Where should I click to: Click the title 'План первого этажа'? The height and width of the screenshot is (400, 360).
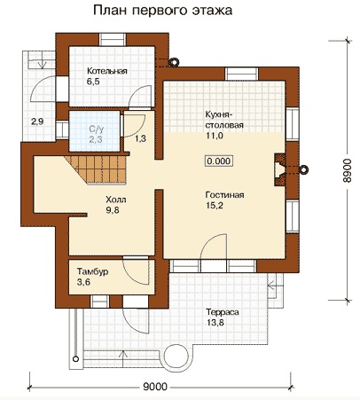coord(163,11)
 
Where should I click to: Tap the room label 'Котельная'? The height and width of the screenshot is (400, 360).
coord(107,71)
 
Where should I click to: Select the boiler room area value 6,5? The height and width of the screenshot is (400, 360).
coord(93,82)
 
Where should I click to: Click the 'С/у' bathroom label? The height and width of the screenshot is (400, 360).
coord(97,129)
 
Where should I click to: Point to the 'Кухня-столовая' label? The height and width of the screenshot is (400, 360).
coord(224,120)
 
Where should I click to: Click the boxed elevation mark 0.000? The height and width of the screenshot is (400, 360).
coord(219,161)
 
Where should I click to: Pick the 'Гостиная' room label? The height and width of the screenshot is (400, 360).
coord(224,195)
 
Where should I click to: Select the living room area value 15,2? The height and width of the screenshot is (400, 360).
coord(215,206)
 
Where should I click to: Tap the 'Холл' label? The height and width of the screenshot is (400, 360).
coord(116,200)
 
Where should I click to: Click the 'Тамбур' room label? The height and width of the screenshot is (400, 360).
coord(92,271)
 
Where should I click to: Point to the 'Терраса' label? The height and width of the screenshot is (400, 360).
coord(223,312)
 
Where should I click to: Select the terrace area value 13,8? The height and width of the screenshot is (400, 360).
coord(215,322)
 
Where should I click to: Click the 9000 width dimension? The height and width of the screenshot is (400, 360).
coord(155,387)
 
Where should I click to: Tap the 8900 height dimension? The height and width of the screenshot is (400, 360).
coord(348,170)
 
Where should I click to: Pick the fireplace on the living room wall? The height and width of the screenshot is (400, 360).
coord(280,169)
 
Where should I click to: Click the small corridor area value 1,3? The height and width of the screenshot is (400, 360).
coord(140,138)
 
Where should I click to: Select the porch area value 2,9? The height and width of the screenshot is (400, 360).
coord(37,122)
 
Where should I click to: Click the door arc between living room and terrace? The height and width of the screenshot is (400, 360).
coord(210,242)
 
